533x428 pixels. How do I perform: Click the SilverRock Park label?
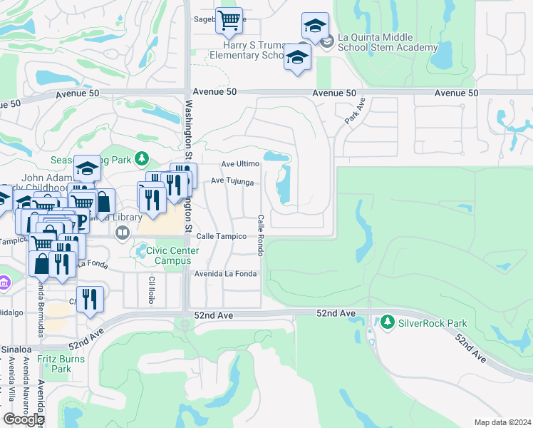(x=432, y=323)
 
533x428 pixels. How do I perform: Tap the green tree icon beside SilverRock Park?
(x=388, y=322)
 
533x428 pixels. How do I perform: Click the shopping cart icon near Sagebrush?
(x=229, y=21)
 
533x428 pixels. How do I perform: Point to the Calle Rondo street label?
(x=261, y=235)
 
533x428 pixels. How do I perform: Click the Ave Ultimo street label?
(x=240, y=164)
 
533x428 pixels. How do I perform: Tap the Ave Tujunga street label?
(x=232, y=182)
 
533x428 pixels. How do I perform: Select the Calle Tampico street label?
(x=221, y=236)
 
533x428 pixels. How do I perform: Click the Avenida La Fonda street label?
(x=225, y=274)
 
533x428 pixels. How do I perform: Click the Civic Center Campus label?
(x=172, y=255)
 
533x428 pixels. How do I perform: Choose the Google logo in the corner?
(x=24, y=419)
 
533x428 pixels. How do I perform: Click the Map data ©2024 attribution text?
(x=502, y=422)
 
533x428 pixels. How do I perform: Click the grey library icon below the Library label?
(x=123, y=233)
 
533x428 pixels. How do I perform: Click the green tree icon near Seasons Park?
(x=142, y=158)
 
